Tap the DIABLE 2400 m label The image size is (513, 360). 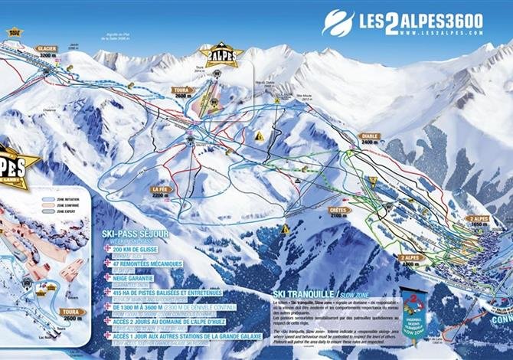(370, 139)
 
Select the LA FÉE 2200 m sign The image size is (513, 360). (159, 191)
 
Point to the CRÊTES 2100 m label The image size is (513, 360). (338, 212)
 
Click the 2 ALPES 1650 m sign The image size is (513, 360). (479, 221)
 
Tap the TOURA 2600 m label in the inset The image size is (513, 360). (71, 315)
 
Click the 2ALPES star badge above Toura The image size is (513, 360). (221, 54)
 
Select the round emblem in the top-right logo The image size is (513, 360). (338, 22)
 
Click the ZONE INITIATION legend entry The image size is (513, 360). (65, 198)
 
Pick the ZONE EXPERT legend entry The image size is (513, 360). (64, 213)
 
